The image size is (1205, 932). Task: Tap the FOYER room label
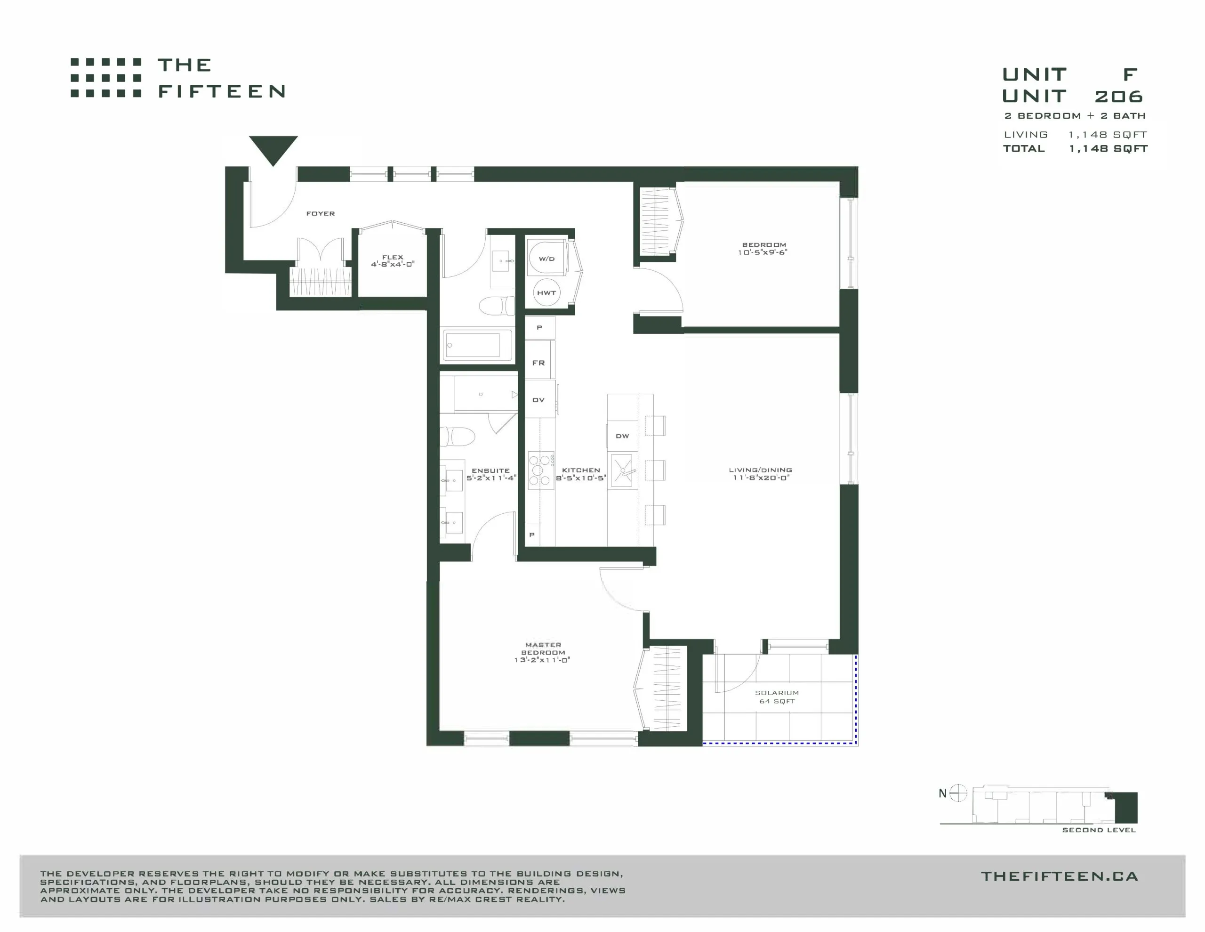tap(321, 214)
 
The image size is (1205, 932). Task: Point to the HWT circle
tap(546, 292)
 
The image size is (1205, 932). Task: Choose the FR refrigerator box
tap(539, 362)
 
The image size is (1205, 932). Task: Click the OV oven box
tap(539, 399)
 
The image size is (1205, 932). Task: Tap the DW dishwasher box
tap(622, 436)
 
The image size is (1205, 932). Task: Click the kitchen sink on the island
tap(623, 471)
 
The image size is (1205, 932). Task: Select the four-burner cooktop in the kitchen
tap(541, 470)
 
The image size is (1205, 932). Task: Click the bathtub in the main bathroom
tap(477, 345)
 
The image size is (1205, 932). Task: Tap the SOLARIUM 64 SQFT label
tap(777, 697)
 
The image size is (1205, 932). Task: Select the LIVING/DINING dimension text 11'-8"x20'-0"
tap(761, 478)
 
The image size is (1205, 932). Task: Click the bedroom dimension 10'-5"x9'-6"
tap(763, 252)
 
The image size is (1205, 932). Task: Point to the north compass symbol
tap(958, 794)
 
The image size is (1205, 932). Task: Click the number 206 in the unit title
tap(1118, 97)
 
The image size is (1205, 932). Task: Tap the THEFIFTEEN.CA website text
tap(1060, 876)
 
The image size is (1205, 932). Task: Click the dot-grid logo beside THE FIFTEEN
tap(106, 78)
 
